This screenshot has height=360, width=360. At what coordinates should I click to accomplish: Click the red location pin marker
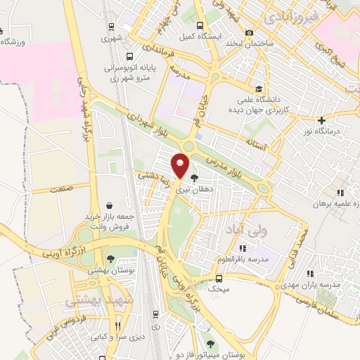tap(181, 165)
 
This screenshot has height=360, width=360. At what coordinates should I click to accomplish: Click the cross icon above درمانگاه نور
tap(321, 120)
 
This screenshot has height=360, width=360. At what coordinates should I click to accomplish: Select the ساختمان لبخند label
tap(248, 44)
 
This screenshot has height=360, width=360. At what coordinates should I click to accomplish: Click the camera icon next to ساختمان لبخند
tap(249, 32)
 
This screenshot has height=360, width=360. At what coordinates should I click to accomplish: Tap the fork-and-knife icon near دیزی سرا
tap(118, 326)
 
